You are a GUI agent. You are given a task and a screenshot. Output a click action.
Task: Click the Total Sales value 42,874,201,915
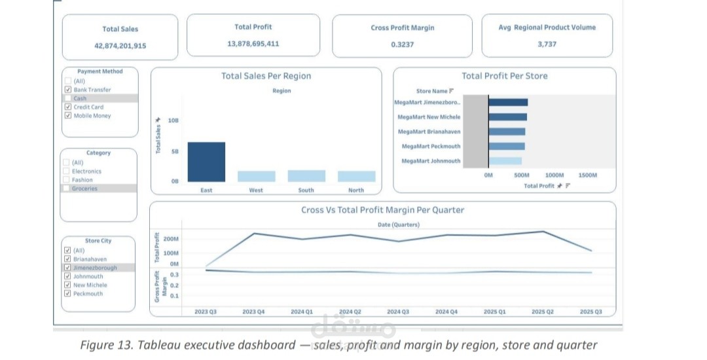[120, 46]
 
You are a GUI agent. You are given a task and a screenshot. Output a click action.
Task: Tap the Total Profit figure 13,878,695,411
[253, 44]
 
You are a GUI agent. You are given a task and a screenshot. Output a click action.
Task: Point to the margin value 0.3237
[402, 45]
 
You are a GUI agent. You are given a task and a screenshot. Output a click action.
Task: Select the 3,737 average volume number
[547, 44]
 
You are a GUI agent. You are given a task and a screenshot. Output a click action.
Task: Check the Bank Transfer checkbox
[68, 90]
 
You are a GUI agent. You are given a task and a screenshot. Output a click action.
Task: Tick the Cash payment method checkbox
[68, 98]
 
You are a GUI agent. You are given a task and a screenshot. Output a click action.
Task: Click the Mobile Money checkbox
[68, 115]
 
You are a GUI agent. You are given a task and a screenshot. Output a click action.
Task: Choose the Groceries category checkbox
[66, 189]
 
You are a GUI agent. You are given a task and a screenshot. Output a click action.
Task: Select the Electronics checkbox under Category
[66, 171]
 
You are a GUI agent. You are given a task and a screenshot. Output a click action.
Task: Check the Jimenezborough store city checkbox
[67, 268]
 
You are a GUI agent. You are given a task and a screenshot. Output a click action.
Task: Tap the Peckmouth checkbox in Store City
[67, 293]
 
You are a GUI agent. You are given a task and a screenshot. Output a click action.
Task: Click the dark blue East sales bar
[206, 162]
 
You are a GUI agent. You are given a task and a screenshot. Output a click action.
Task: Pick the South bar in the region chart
[306, 176]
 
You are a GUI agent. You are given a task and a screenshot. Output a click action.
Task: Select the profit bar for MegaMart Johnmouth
[505, 161]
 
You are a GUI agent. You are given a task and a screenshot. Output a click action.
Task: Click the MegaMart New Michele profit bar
[508, 117]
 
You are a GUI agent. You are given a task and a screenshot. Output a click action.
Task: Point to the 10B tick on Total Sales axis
[173, 120]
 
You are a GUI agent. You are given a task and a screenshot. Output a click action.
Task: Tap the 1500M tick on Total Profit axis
[587, 175]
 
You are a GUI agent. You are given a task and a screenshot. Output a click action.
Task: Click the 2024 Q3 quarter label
[398, 312]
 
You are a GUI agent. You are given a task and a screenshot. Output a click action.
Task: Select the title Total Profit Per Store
[505, 76]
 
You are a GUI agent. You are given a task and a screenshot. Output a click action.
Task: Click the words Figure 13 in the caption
[107, 346]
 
